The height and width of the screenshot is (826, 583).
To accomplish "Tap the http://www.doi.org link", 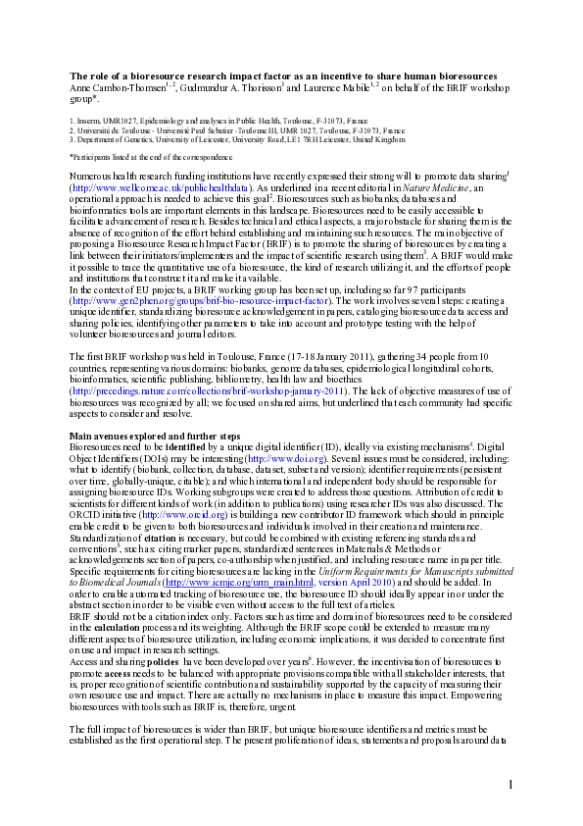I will (x=282, y=456).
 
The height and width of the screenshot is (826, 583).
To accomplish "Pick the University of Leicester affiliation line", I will (x=236, y=139).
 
